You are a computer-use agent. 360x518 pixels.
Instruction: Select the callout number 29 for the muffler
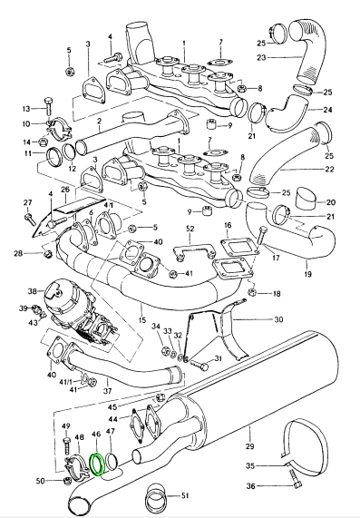pos(249,446)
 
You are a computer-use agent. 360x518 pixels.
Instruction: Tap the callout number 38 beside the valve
pos(32,291)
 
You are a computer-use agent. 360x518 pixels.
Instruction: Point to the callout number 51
pos(185,495)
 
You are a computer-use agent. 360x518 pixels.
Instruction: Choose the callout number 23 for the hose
pos(261,57)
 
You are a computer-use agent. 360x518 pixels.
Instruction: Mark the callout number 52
pos(190,229)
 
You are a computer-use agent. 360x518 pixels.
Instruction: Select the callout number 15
pos(142,320)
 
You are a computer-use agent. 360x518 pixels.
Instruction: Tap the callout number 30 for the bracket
pos(278,319)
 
